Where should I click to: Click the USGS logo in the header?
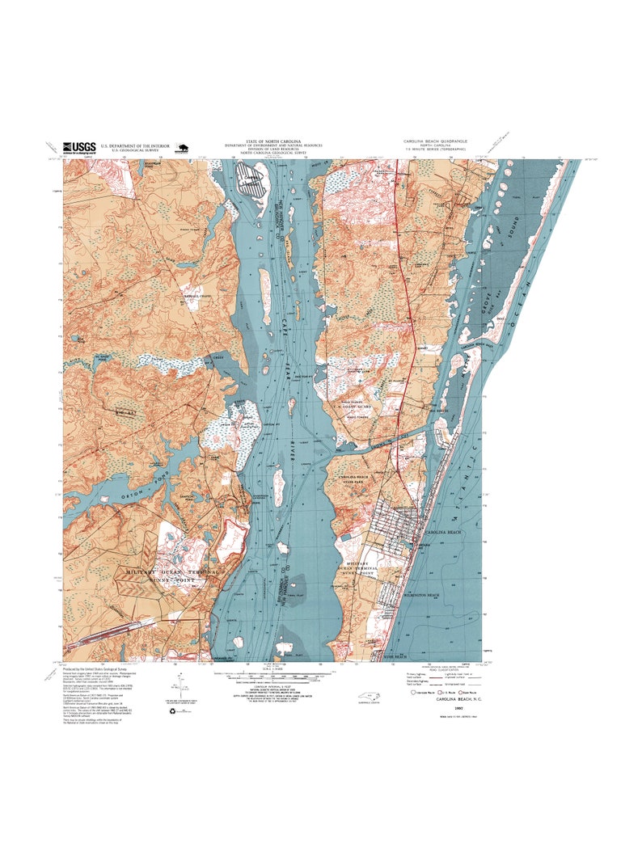click(x=78, y=147)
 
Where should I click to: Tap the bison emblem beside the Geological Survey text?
click(x=180, y=148)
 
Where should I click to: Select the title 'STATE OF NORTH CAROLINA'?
click(x=272, y=141)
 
